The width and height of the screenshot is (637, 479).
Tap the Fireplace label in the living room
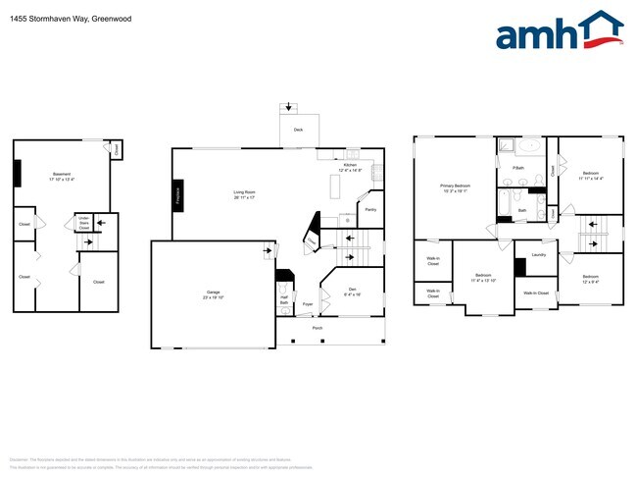(177, 192)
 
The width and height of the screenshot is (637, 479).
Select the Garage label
(213, 293)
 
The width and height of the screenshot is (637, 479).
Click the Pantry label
(370, 209)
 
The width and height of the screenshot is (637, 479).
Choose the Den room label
(354, 291)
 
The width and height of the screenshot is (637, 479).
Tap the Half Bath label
(283, 299)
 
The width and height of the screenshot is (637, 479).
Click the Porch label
(318, 328)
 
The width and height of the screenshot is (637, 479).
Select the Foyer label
(307, 304)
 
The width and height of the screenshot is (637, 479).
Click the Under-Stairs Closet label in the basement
(84, 223)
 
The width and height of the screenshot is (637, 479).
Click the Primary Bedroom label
(455, 186)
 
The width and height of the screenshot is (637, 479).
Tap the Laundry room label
(538, 255)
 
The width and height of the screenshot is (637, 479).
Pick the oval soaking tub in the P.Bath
(528, 148)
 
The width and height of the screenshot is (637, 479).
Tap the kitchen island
(333, 194)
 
